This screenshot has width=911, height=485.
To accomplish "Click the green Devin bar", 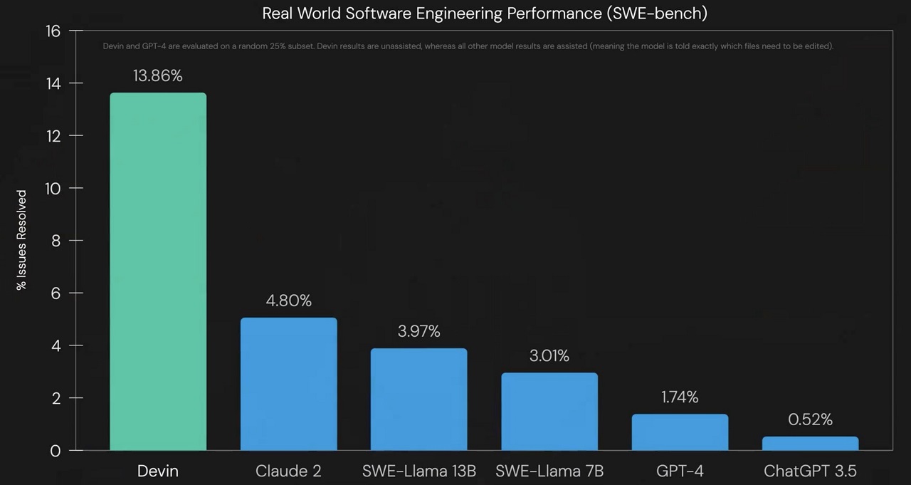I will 158,271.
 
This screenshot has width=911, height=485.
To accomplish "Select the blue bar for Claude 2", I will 288,384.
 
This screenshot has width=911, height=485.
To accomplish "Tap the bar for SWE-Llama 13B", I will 418,399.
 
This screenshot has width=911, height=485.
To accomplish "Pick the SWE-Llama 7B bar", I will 549,411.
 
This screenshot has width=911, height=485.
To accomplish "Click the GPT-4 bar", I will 680,432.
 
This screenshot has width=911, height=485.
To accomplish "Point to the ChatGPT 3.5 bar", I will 810,443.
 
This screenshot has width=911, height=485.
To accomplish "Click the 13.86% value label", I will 157,76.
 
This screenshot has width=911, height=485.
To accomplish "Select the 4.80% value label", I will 288,301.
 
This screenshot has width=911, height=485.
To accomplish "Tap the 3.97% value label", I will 418,331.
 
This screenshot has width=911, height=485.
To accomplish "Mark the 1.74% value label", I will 680,397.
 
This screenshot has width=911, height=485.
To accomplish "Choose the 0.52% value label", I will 810,419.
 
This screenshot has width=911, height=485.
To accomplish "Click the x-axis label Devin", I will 157,471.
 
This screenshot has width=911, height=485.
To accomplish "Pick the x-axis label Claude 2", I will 288,471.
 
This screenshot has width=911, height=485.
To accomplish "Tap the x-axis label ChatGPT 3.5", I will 810,471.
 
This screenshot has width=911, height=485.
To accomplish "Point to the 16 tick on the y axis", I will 54,31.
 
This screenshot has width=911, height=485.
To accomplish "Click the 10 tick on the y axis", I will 54,188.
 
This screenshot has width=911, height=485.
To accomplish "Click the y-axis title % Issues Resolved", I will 22,240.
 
